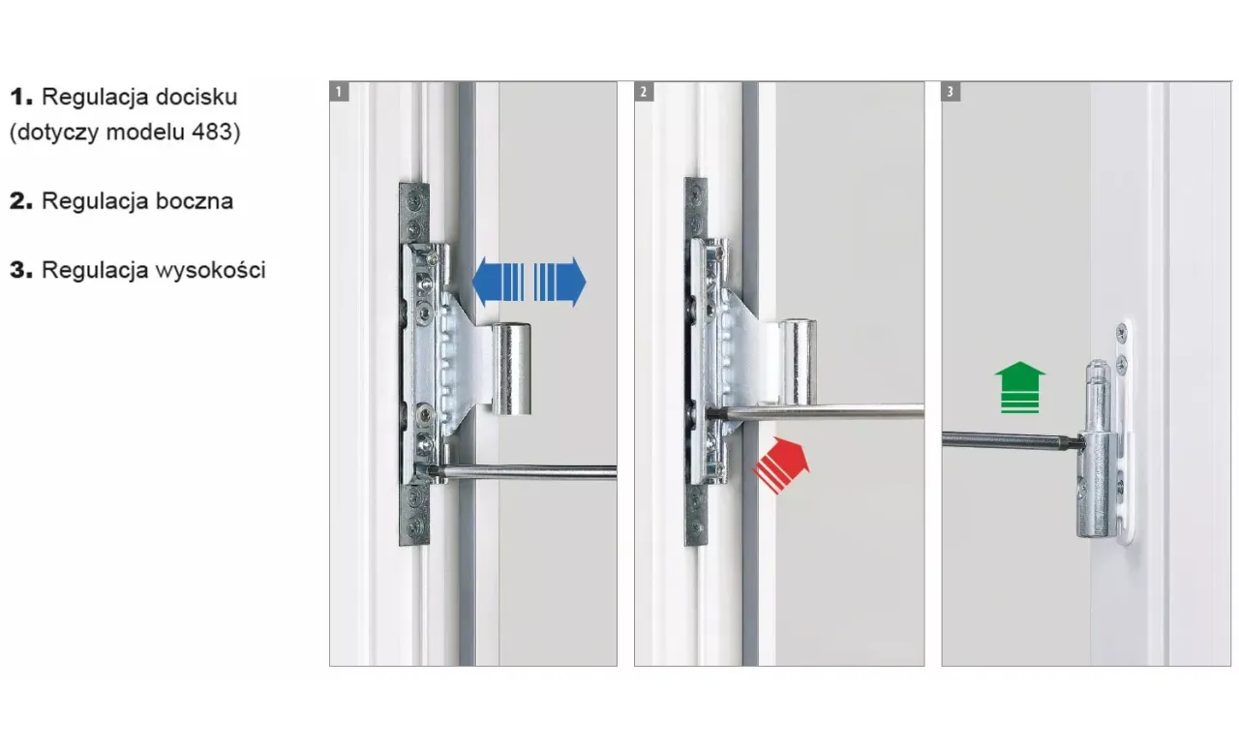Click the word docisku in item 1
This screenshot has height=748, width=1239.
pyautogui.click(x=196, y=97)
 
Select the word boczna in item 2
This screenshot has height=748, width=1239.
pyautogui.click(x=195, y=200)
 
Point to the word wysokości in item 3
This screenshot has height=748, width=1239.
pyautogui.click(x=210, y=270)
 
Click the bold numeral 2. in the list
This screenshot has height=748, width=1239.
pyautogui.click(x=21, y=201)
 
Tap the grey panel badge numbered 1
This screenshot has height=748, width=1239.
pyautogui.click(x=339, y=91)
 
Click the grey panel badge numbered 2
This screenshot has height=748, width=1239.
pyautogui.click(x=644, y=91)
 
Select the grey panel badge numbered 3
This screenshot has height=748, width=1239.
pyautogui.click(x=951, y=91)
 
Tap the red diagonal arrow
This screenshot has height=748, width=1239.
pyautogui.click(x=781, y=464)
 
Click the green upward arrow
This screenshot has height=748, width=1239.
pyautogui.click(x=1019, y=387)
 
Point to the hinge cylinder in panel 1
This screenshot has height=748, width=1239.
pyautogui.click(x=511, y=369)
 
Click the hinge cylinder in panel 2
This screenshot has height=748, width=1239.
pyautogui.click(x=799, y=361)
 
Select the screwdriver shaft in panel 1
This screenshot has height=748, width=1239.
pyautogui.click(x=525, y=471)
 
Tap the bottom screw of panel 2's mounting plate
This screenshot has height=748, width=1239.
pyautogui.click(x=697, y=527)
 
